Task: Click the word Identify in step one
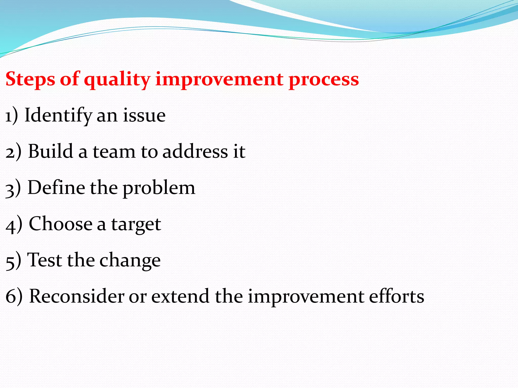(x=58, y=115)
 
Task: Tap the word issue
(x=144, y=115)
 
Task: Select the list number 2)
(x=13, y=152)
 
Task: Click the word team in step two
(x=114, y=152)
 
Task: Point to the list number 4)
(x=14, y=224)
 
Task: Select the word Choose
(x=61, y=224)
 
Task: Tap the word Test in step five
(x=45, y=260)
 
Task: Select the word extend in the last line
(x=180, y=296)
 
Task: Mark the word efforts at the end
(x=396, y=296)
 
